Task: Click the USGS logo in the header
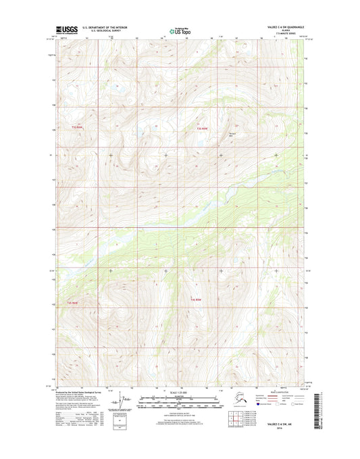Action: [x=67, y=30]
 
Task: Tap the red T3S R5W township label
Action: [x=203, y=128]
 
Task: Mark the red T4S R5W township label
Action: [x=197, y=299]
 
